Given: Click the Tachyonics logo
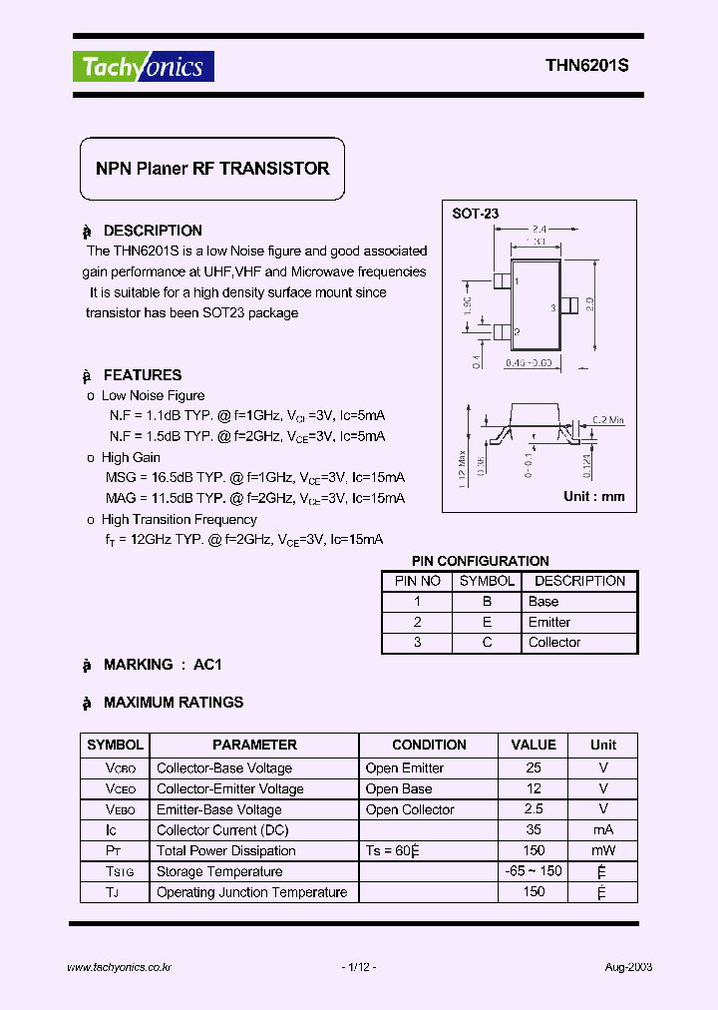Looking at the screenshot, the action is click(x=144, y=67).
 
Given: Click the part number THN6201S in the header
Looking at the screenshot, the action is click(x=586, y=67).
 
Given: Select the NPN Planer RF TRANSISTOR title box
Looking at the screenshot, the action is click(x=211, y=169).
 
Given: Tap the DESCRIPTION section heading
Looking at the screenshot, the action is click(x=152, y=231).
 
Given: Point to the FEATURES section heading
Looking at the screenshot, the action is click(x=142, y=375).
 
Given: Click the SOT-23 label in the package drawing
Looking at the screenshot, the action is click(x=476, y=214).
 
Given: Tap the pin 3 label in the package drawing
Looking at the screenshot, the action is click(x=551, y=307).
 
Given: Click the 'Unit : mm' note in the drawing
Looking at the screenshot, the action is click(x=594, y=496).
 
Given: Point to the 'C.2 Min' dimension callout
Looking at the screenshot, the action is click(x=602, y=421).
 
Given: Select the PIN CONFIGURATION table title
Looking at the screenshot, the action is click(x=481, y=561).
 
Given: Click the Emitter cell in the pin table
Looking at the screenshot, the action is click(x=549, y=622).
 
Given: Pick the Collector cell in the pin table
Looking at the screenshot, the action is click(x=554, y=643).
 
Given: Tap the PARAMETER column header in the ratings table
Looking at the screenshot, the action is click(x=254, y=745).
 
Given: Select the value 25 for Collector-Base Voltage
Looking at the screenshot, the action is click(x=534, y=767).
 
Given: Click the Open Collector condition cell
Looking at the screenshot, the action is click(x=410, y=809).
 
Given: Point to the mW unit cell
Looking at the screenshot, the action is click(x=602, y=851).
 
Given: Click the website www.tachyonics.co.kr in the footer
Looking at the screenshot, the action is click(x=120, y=967).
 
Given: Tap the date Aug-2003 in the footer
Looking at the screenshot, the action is click(x=629, y=967).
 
